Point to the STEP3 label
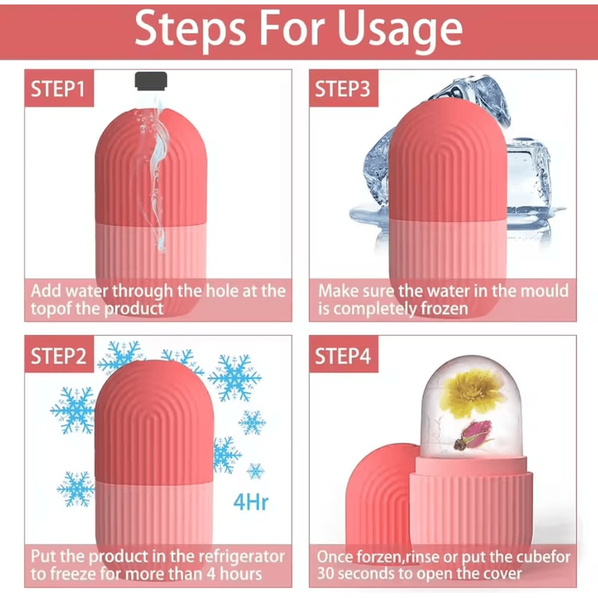pos(342,90)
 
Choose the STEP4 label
pos(342,356)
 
